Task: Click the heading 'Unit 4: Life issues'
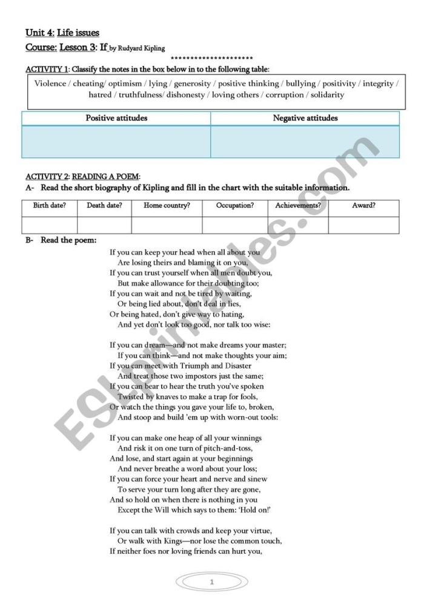coord(62,33)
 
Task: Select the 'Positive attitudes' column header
coord(116,118)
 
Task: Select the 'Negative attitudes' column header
coord(305,118)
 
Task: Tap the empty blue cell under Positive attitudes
coord(116,142)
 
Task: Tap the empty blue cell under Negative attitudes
coord(305,142)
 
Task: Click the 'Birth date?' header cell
coord(50,206)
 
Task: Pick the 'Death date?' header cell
coord(104,206)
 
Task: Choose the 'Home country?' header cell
coord(167,206)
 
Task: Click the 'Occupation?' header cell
coord(235,206)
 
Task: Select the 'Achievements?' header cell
coord(298,206)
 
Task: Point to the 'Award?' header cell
coord(363,206)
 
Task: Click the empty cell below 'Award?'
coord(363,225)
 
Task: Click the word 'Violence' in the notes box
coord(50,83)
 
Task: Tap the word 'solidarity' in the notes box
coord(327,95)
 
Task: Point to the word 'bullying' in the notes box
coord(300,83)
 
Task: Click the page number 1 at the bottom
coord(212,582)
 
